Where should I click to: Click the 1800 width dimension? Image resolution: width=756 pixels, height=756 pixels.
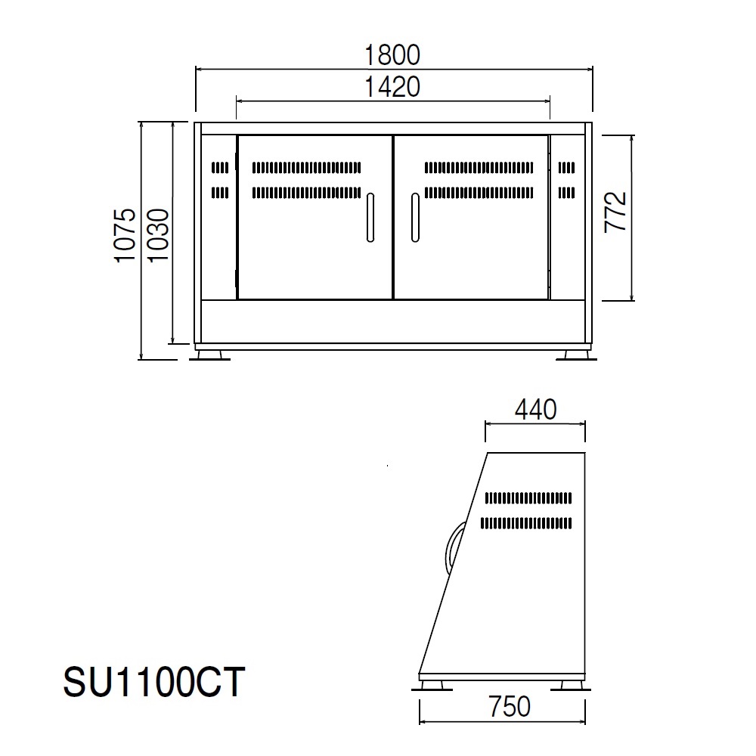tap(392, 55)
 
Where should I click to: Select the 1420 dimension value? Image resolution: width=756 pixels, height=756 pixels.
tap(392, 87)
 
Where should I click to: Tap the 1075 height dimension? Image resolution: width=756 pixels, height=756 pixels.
tap(125, 235)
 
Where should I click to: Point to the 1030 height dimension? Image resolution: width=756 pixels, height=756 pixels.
tap(158, 235)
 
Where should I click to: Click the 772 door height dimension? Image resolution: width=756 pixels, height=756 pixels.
tap(615, 212)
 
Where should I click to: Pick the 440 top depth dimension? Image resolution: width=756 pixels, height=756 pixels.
tap(536, 410)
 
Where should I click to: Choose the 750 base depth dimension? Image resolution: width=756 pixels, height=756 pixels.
tap(510, 706)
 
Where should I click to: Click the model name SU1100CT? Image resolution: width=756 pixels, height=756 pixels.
tap(153, 682)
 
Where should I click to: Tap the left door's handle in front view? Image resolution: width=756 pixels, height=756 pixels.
tap(370, 218)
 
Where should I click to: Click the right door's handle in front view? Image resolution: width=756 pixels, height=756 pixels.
tap(415, 218)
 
